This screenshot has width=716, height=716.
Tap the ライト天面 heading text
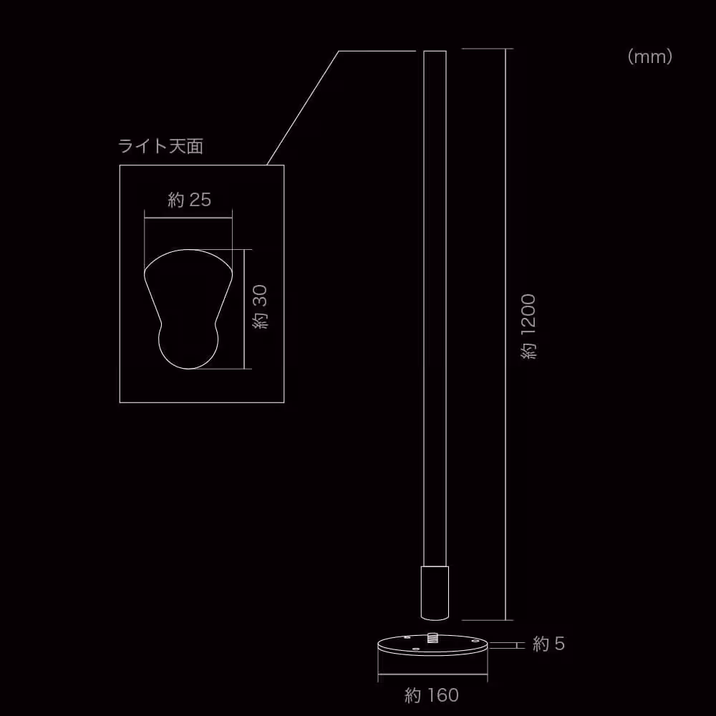click(161, 147)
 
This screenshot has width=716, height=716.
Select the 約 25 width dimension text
click(190, 200)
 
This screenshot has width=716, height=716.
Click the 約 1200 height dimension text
click(528, 326)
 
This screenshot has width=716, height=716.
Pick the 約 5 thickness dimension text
click(549, 644)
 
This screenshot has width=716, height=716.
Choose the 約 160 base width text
click(431, 695)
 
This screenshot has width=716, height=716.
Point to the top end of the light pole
click(435, 52)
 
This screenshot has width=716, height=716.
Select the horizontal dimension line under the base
click(433, 675)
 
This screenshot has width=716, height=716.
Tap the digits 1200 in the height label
click(528, 316)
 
